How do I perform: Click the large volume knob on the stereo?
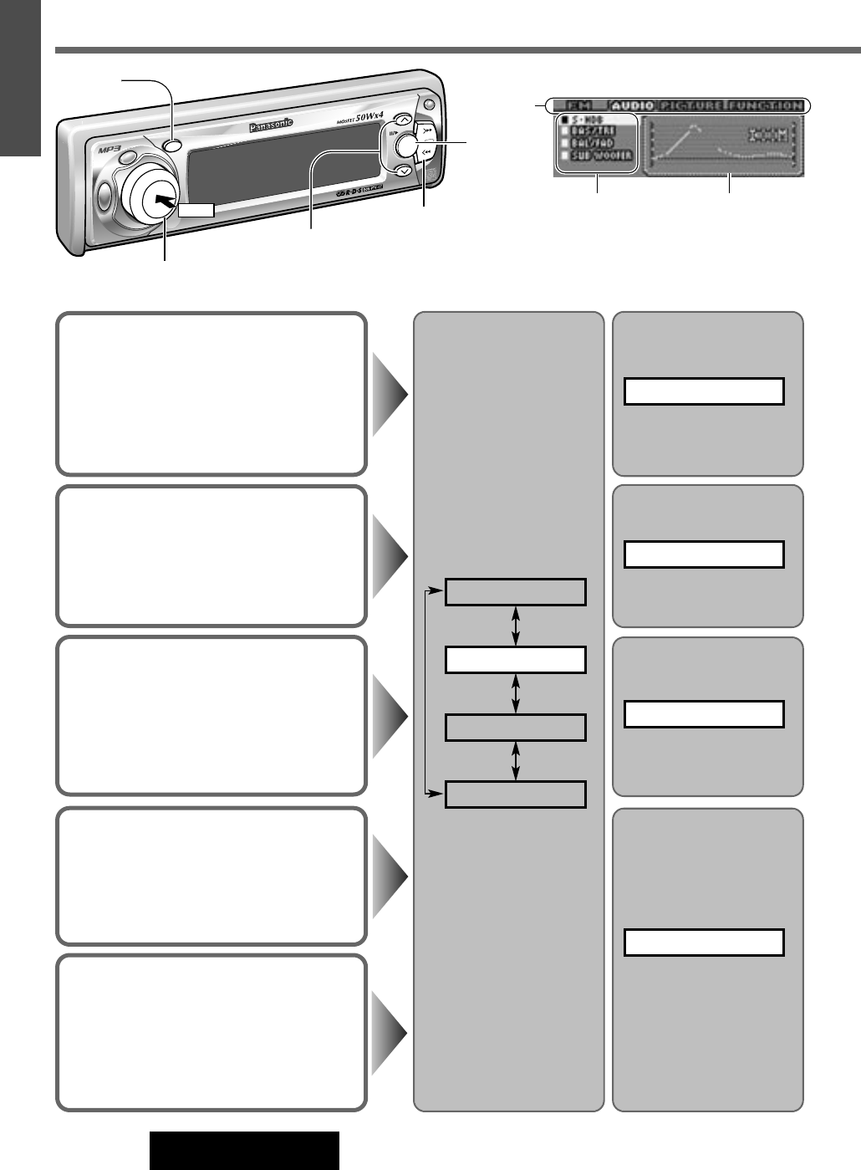point(152,194)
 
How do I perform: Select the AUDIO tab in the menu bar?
point(632,106)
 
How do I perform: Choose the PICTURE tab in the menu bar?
point(692,106)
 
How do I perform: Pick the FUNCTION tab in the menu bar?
point(765,106)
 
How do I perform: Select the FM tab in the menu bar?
point(577,106)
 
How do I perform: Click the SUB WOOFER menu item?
point(603,156)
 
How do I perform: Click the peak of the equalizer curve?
point(694,126)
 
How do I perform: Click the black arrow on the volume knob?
point(166,201)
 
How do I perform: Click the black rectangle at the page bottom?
point(245,1151)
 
